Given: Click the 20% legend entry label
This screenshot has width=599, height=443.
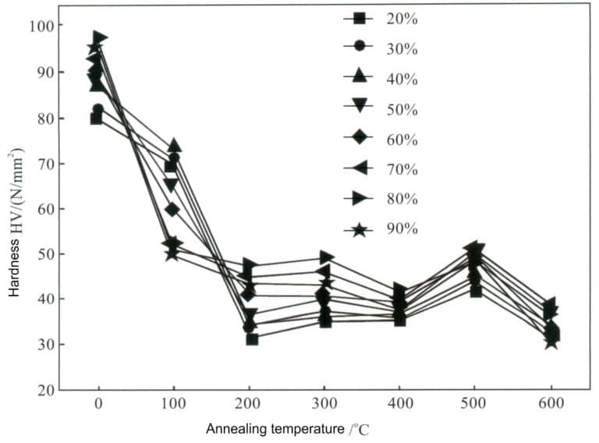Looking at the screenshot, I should (x=402, y=19).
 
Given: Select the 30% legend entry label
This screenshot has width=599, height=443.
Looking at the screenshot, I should (x=402, y=48).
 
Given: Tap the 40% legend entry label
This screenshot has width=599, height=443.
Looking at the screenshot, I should (x=402, y=79).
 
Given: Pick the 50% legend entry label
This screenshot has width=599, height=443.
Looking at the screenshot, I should (x=402, y=109).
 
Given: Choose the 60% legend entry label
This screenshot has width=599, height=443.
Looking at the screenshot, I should (x=402, y=140).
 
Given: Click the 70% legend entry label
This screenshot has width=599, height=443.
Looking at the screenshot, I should (x=402, y=169).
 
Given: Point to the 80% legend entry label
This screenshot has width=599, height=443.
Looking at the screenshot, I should (x=402, y=199).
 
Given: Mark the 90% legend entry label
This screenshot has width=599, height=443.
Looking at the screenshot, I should (x=402, y=229).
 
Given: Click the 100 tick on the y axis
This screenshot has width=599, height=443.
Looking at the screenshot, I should (x=44, y=27).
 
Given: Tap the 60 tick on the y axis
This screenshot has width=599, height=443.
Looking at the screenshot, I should (x=47, y=209).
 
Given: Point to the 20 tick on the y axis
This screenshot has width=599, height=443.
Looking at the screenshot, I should (x=47, y=390).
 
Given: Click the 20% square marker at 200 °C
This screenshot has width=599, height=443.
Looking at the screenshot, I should (x=251, y=339).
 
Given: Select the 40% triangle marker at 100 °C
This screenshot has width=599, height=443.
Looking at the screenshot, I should (x=175, y=146).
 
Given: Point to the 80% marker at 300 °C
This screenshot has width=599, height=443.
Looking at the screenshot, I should (x=327, y=257).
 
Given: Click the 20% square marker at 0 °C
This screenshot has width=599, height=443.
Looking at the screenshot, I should (x=97, y=119).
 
